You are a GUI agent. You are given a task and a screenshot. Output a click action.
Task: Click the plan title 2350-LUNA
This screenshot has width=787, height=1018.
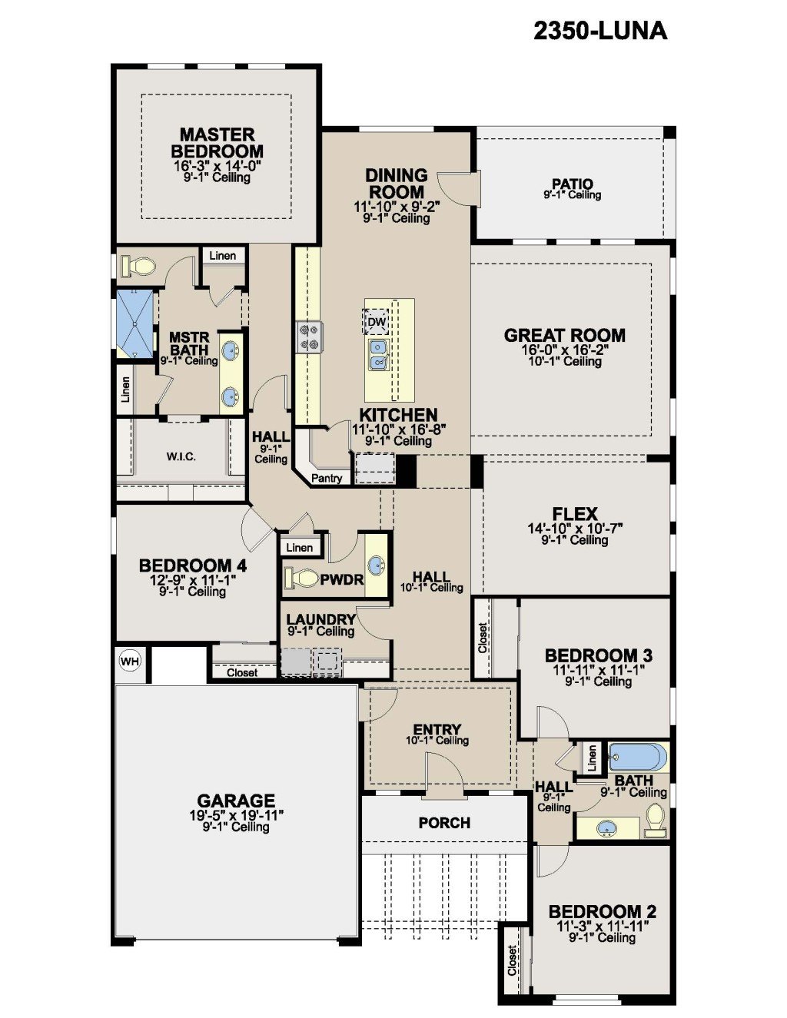[x=600, y=32]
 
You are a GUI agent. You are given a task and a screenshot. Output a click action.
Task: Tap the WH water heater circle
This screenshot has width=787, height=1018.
[x=130, y=661]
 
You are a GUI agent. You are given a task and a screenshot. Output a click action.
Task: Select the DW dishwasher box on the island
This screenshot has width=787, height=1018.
[x=376, y=321]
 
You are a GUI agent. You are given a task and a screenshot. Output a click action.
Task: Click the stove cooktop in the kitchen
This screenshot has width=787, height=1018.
[x=309, y=337]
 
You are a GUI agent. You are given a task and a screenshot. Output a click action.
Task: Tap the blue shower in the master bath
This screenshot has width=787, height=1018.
[x=135, y=324]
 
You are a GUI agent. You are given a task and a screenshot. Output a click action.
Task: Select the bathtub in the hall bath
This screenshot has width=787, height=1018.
[x=638, y=756]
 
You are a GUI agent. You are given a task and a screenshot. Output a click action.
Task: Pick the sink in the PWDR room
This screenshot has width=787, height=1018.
[x=377, y=566]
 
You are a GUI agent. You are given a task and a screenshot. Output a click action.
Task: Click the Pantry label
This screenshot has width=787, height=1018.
[x=327, y=479]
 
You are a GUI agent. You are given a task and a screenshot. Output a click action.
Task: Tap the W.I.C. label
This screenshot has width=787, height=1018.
[x=181, y=457]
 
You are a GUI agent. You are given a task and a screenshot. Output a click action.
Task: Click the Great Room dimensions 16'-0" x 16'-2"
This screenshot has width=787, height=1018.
[x=565, y=349]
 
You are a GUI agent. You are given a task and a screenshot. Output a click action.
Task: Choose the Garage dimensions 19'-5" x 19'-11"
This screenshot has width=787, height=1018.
[x=237, y=816]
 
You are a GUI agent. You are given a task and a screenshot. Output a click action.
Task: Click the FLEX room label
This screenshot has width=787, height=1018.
[x=575, y=514]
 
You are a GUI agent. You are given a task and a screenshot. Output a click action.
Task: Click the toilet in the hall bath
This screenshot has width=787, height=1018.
[x=654, y=819]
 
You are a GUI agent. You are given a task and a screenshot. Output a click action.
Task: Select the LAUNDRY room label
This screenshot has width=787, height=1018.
[x=321, y=619]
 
